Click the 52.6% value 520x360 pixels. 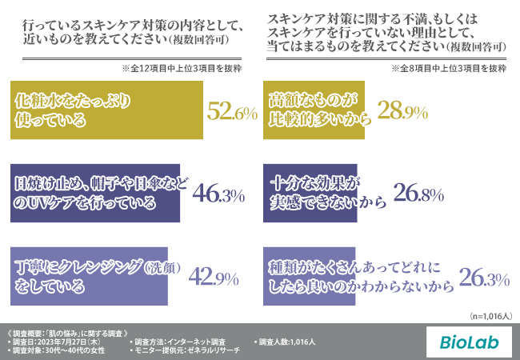click(x=231, y=112)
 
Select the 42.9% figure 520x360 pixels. click(x=214, y=278)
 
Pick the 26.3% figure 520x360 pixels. click(x=485, y=278)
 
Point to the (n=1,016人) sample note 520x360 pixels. click(x=490, y=316)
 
